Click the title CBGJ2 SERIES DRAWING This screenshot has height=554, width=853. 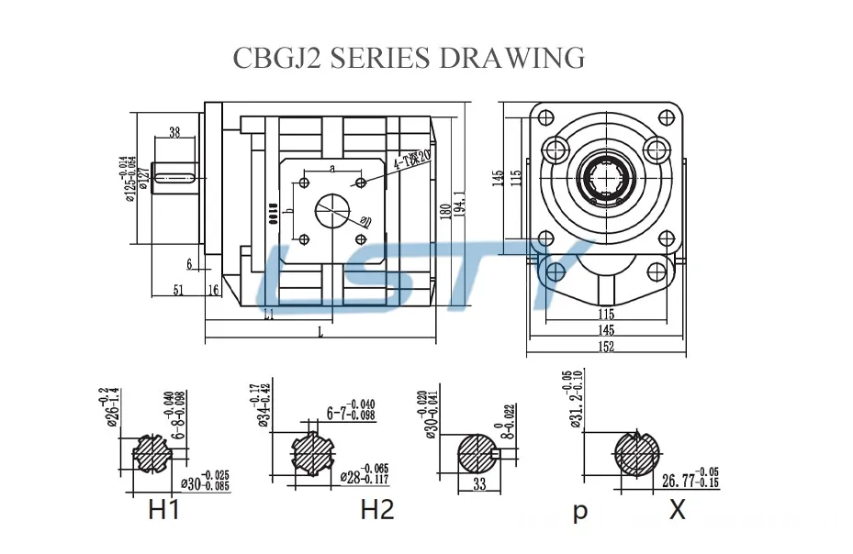409,57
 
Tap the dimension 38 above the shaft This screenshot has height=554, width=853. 174,132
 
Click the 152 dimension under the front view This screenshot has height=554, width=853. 607,347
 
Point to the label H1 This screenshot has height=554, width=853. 163,509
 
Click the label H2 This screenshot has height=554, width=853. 376,509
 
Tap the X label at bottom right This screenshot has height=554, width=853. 677,509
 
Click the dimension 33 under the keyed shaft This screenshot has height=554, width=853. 479,484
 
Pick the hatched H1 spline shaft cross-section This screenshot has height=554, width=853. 148,452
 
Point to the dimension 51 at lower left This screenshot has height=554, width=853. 179,291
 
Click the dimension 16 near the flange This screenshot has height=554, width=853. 213,291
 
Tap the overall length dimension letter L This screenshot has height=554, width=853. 320,333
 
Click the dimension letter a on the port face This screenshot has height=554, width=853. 331,169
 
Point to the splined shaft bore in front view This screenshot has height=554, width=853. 607,179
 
